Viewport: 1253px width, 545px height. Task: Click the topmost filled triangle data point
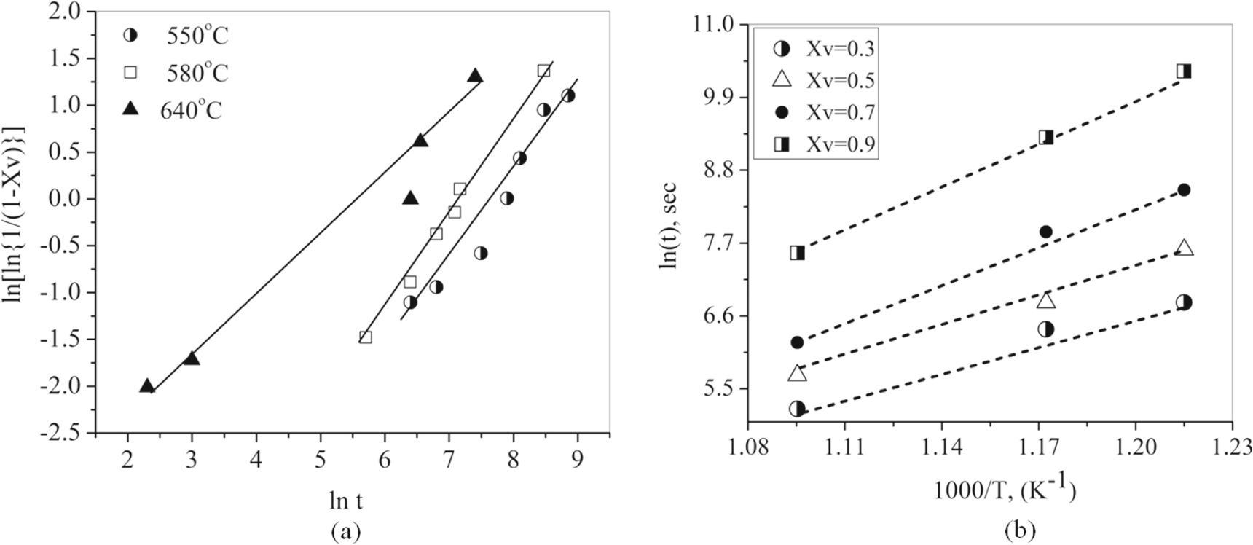pos(475,76)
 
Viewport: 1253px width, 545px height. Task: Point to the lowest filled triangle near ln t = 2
pos(147,386)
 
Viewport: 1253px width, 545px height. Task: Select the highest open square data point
pos(543,71)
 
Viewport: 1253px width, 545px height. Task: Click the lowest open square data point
pos(366,337)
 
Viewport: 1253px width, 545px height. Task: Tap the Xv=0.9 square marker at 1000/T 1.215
pos(1184,71)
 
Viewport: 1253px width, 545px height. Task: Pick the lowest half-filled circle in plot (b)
pos(797,409)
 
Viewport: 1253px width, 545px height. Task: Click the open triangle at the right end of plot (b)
pos(1185,248)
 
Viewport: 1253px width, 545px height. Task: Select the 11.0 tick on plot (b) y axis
pos(717,25)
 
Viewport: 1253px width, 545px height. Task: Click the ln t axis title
pos(345,501)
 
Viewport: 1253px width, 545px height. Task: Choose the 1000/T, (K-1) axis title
pos(1005,489)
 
